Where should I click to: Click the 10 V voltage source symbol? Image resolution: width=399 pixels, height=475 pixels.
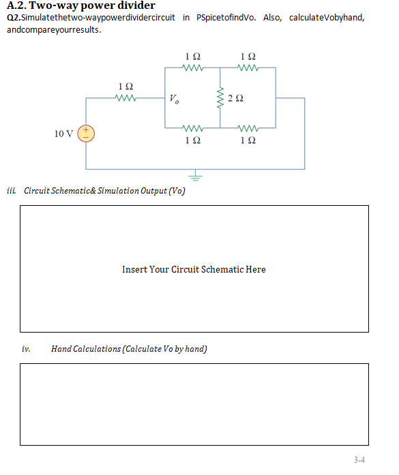coord(86,133)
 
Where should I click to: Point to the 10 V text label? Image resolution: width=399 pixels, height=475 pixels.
coord(64,133)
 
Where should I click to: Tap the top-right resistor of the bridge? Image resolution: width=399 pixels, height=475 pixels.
coord(248,67)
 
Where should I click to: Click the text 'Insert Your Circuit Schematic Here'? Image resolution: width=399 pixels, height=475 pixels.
coord(194,269)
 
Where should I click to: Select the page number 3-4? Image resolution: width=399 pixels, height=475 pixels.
coord(359,460)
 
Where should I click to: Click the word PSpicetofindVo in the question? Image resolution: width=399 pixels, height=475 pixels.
coord(226,17)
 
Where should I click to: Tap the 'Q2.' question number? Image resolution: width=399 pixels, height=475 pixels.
coord(12,17)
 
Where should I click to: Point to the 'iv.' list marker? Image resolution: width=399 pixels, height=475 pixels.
coord(26,349)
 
